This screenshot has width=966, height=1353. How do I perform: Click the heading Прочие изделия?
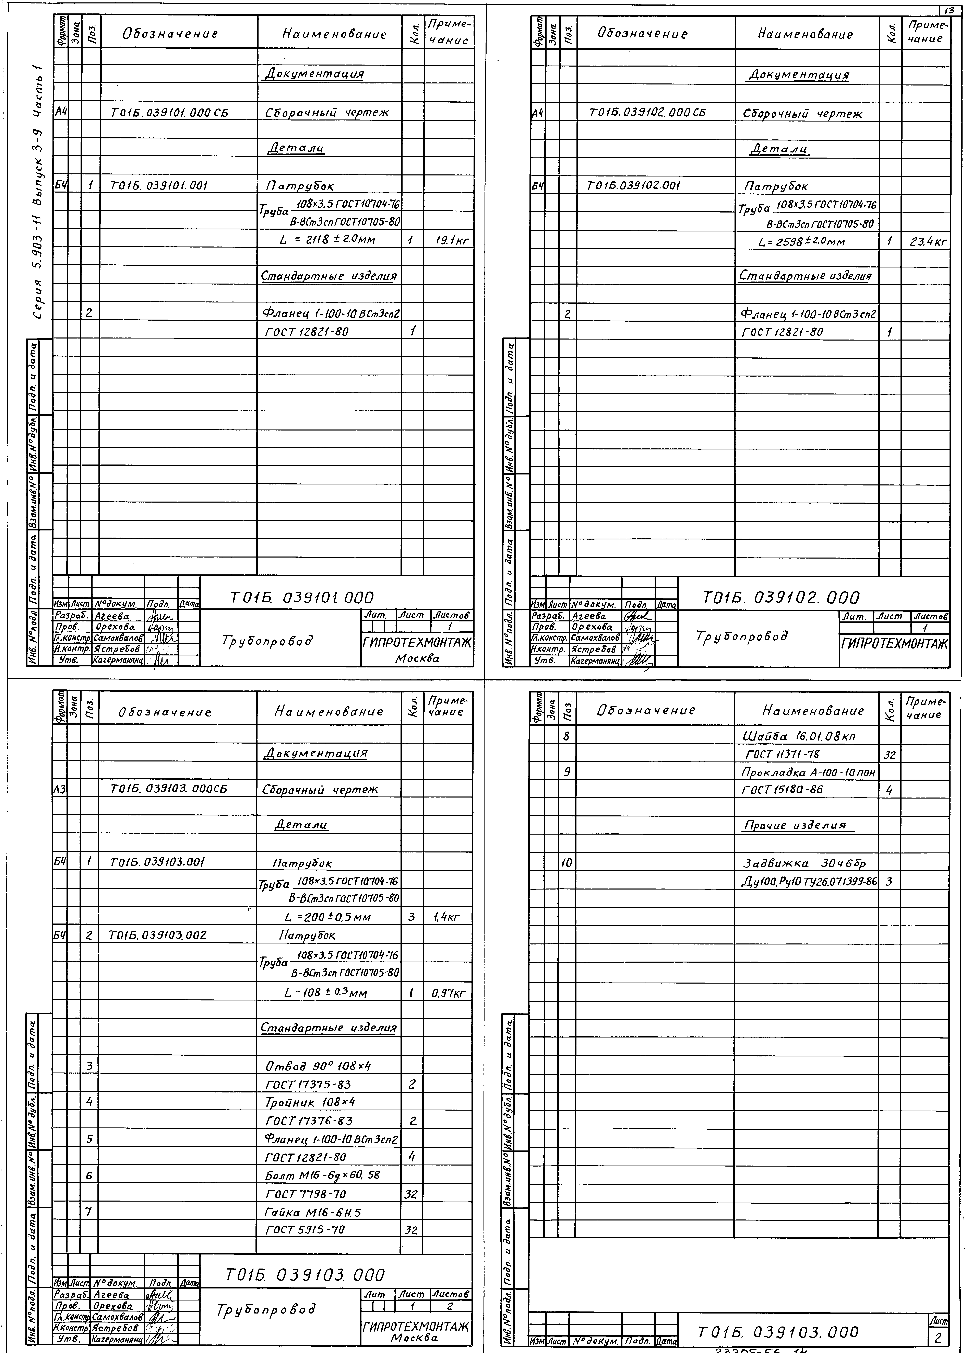pos(795,825)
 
